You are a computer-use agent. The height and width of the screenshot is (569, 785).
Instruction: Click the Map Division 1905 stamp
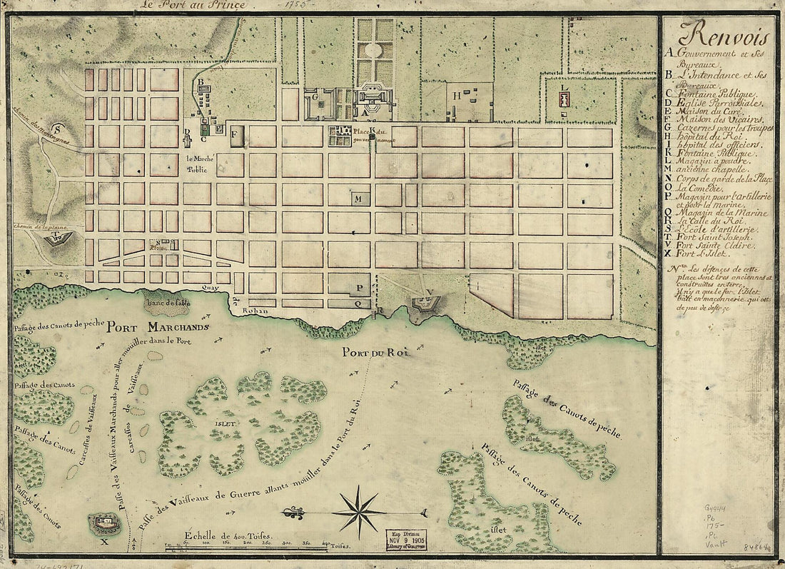(406, 539)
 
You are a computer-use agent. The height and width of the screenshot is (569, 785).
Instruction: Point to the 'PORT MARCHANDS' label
(158, 328)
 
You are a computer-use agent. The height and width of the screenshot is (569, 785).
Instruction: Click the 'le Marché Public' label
(197, 164)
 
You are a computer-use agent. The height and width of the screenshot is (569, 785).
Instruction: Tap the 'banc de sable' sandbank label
(166, 303)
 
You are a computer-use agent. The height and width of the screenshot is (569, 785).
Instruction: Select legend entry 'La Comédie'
(706, 191)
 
